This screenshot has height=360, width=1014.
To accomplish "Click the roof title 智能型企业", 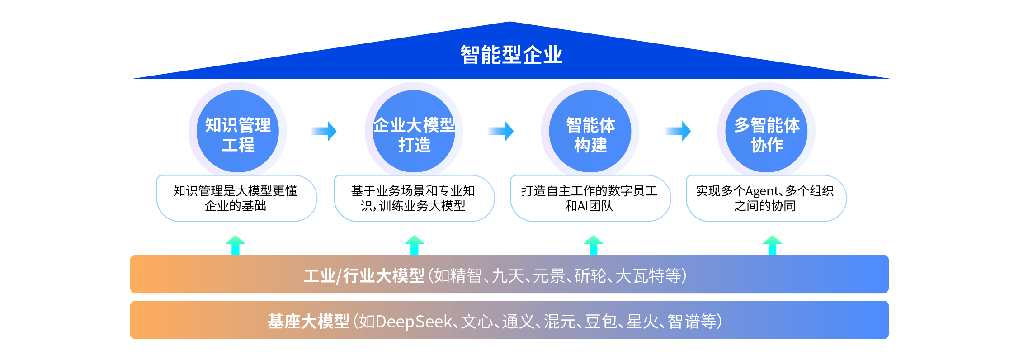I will [511, 55].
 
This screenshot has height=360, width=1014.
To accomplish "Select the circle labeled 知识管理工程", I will [238, 132].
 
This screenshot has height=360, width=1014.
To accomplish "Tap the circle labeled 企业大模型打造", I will [414, 132].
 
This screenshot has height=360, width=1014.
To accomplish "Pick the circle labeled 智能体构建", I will [590, 132].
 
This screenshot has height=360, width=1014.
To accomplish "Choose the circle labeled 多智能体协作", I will [767, 132].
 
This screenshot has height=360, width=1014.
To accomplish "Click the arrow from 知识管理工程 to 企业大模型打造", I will [324, 131].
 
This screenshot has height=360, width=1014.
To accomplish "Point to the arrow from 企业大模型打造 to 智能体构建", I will [501, 131].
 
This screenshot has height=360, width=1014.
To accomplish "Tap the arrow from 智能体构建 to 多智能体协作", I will [678, 131].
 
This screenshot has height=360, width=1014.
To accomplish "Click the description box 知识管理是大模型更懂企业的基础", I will [236, 199].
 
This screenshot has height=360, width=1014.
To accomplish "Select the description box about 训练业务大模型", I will [414, 199].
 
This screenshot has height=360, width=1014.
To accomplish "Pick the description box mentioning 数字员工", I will [590, 199].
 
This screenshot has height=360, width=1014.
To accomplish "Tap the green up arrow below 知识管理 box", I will [236, 245].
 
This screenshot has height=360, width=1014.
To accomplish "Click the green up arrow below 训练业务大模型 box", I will [415, 245].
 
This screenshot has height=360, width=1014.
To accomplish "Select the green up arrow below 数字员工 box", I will [594, 245].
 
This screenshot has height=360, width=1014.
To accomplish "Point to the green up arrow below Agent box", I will [772, 245].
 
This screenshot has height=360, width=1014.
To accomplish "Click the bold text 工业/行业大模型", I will [364, 275].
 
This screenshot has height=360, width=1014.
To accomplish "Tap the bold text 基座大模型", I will [308, 322].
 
